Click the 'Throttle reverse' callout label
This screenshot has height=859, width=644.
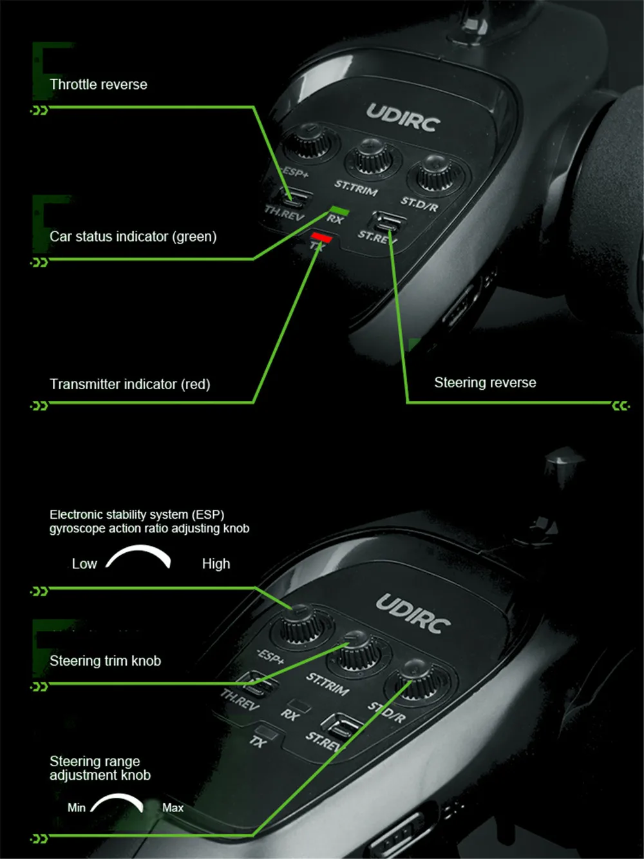click(x=99, y=84)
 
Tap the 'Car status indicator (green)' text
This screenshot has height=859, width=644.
click(x=133, y=236)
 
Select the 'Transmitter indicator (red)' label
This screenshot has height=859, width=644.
click(x=130, y=384)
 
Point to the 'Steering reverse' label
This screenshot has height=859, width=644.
click(x=485, y=383)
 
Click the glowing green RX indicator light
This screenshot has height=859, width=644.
click(x=339, y=211)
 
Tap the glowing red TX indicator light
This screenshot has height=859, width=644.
click(x=321, y=238)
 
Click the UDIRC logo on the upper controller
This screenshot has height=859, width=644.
click(x=403, y=118)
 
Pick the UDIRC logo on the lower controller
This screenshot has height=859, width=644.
click(x=413, y=613)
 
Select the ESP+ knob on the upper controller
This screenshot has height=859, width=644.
click(x=310, y=141)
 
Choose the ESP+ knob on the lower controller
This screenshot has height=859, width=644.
click(x=300, y=622)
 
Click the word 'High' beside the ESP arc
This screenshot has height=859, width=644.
click(x=216, y=564)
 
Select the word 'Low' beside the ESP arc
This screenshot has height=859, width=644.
click(x=84, y=564)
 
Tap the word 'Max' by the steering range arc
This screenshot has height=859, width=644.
click(x=173, y=807)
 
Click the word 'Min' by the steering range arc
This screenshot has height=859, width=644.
click(x=76, y=807)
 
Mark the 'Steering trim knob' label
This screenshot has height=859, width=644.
click(x=105, y=661)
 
